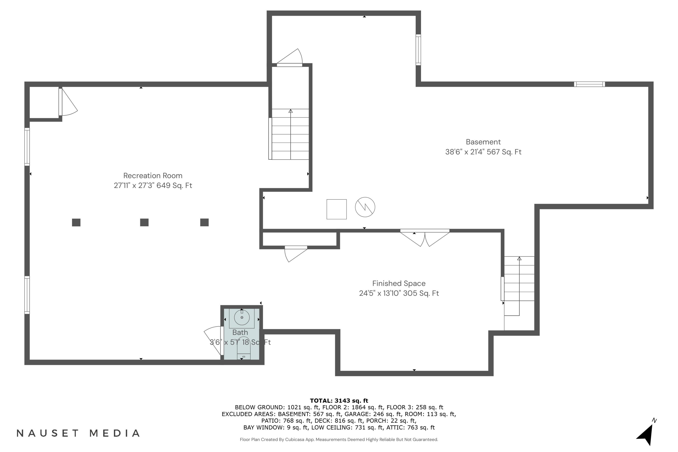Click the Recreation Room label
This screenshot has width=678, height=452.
pyautogui.click(x=153, y=176)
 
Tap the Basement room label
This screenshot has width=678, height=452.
pyautogui.click(x=483, y=142)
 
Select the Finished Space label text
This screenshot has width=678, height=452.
pyautogui.click(x=399, y=283)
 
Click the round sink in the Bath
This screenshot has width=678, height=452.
pyautogui.click(x=242, y=317)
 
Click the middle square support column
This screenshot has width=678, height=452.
pyautogui.click(x=144, y=222)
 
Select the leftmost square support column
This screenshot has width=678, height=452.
pyautogui.click(x=76, y=222)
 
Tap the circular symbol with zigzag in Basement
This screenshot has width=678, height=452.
pyautogui.click(x=365, y=207)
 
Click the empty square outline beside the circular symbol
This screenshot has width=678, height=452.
pyautogui.click(x=337, y=209)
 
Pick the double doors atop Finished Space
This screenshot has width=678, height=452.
pyautogui.click(x=425, y=238)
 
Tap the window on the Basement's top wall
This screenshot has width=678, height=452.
pyautogui.click(x=589, y=84)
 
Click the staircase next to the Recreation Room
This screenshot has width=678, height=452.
pyautogui.click(x=290, y=134)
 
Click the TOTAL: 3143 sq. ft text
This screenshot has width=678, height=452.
pyautogui.click(x=339, y=400)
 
